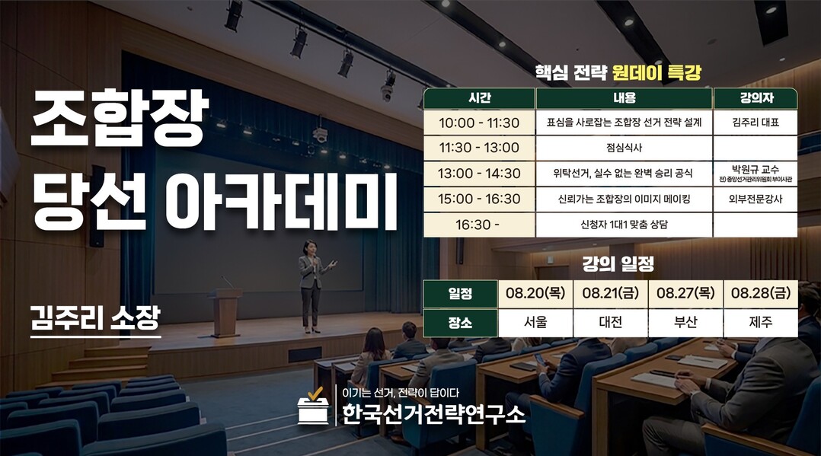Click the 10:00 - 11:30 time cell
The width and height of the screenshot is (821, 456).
click(x=479, y=123)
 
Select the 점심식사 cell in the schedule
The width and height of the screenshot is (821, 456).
click(x=625, y=148)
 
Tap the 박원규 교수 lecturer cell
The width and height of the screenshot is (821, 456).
click(x=756, y=174)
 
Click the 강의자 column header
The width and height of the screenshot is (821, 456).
click(x=756, y=98)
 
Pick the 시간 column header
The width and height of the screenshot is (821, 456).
click(x=479, y=98)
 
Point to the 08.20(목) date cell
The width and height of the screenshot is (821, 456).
click(x=535, y=293)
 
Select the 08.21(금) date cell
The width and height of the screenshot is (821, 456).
click(x=611, y=293)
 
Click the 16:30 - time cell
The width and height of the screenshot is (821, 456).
click(x=479, y=225)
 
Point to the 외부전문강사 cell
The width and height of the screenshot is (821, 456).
click(x=756, y=199)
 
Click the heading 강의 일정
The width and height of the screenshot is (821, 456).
click(x=618, y=264)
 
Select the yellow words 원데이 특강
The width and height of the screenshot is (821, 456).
click(x=656, y=72)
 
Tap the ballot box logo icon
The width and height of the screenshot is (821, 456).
click(x=313, y=406)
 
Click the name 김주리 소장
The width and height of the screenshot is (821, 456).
click(x=95, y=318)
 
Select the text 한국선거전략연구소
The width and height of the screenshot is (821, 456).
click(x=433, y=414)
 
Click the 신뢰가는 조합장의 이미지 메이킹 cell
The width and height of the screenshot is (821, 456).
click(x=625, y=199)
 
